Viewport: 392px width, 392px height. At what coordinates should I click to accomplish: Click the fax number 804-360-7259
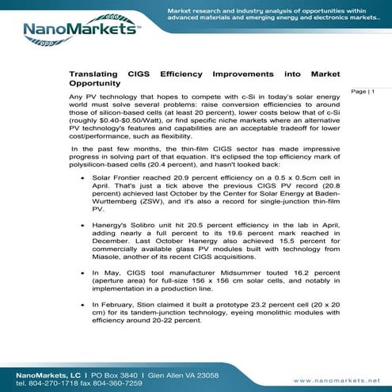point(121,382)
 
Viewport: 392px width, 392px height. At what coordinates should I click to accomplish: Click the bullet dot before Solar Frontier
point(84,179)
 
